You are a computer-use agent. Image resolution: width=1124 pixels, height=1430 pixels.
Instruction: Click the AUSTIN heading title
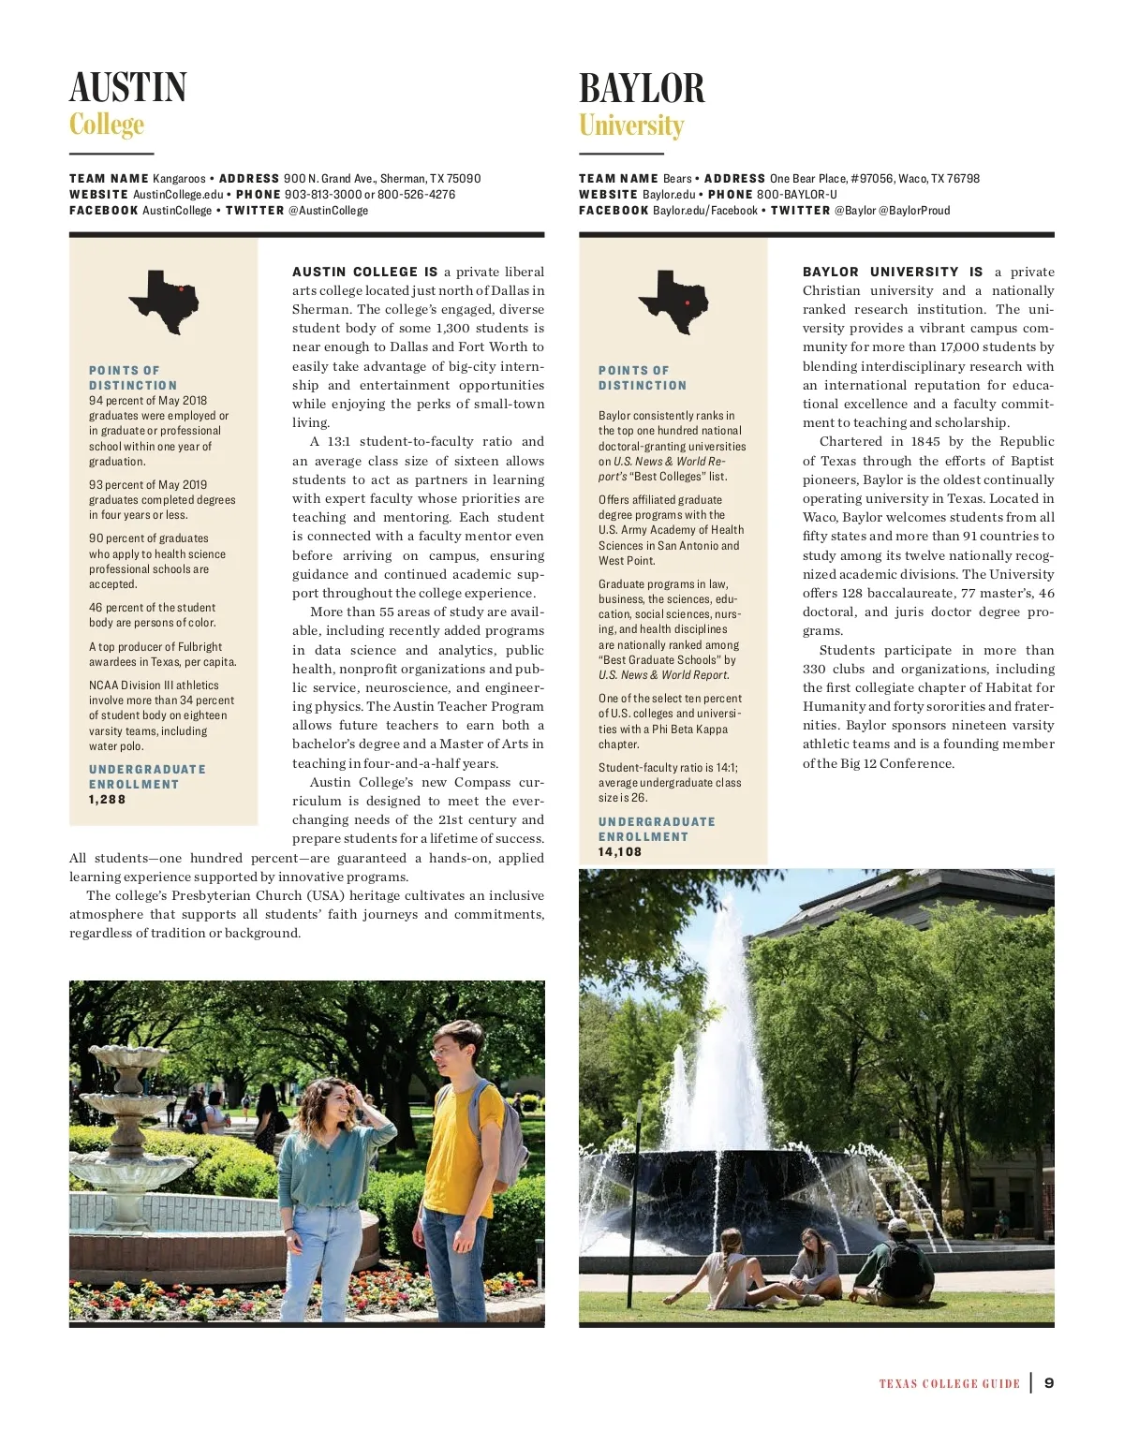coord(128,88)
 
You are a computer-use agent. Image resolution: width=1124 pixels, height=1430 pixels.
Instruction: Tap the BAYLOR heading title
coord(642,88)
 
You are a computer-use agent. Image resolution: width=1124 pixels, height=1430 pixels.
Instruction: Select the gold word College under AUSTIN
coord(107,125)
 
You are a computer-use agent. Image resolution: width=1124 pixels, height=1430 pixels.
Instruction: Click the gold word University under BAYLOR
coord(631,125)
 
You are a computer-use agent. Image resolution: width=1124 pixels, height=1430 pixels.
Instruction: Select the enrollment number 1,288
coord(107,800)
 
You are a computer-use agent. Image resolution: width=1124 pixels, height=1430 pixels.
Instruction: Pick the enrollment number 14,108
coord(620,852)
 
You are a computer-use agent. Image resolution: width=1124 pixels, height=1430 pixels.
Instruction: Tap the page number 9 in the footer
coord(1049,1383)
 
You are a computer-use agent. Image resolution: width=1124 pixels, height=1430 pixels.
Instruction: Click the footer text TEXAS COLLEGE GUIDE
coord(949,1384)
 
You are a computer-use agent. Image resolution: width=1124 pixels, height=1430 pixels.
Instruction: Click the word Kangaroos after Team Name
coord(179,179)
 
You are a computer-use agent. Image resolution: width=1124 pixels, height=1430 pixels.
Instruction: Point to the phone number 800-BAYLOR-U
coord(797,195)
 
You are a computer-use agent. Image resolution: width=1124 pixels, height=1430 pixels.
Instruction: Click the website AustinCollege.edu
coord(178,195)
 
